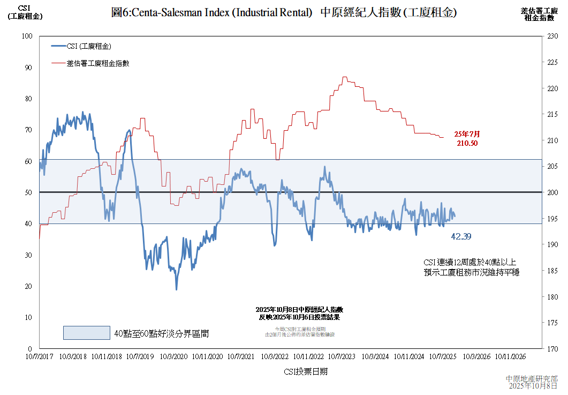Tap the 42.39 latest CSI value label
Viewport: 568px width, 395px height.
tap(461, 236)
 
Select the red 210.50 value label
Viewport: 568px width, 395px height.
tap(467, 143)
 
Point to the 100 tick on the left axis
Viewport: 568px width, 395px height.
tap(28, 36)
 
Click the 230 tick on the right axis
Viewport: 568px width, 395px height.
tap(552, 36)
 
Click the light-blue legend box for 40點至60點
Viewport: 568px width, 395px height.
tap(86, 333)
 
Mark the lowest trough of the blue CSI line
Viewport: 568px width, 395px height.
tap(176, 289)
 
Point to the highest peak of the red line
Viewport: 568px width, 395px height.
tap(344, 77)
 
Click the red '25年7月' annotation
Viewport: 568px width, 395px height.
tap(467, 134)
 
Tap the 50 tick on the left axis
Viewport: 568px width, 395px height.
tap(28, 192)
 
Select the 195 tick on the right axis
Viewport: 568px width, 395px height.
tap(552, 219)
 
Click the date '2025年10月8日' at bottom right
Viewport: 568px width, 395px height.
tap(533, 386)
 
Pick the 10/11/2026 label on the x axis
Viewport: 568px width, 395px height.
tap(510, 356)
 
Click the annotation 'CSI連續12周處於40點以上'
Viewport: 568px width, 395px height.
tap(470, 263)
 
